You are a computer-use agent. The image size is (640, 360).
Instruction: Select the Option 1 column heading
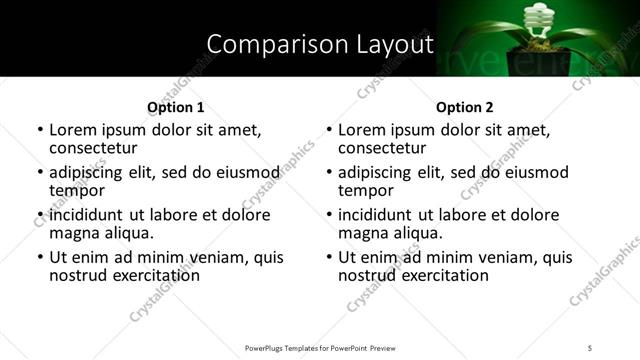tap(176, 106)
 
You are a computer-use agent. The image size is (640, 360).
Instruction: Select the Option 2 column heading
tap(465, 106)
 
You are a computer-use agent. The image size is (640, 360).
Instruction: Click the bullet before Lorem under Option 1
tap(40, 131)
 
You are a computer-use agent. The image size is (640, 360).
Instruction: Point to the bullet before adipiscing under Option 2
tap(329, 173)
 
